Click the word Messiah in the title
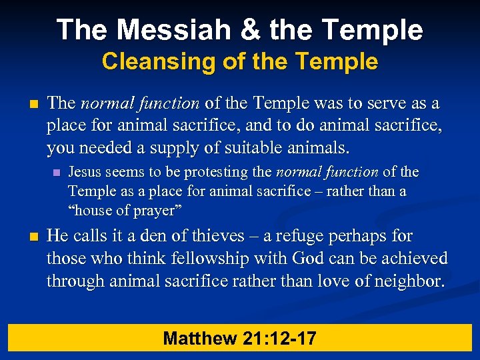click(x=161, y=30)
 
